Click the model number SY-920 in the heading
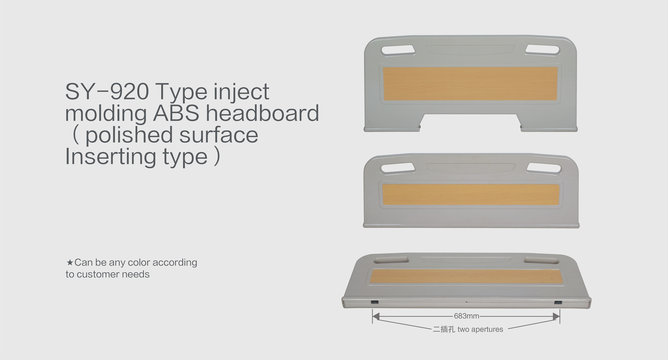pyautogui.click(x=107, y=91)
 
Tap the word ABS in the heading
pyautogui.click(x=176, y=113)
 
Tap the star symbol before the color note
pyautogui.click(x=69, y=262)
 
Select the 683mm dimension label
pyautogui.click(x=466, y=316)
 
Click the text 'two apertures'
pyautogui.click(x=480, y=329)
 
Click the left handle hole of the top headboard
pyautogui.click(x=398, y=50)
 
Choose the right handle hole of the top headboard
pyautogui.click(x=542, y=50)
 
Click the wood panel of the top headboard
pyautogui.click(x=470, y=84)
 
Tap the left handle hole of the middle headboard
pyautogui.click(x=398, y=168)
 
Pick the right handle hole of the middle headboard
pyautogui.click(x=544, y=169)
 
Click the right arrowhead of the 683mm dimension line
pyautogui.click(x=556, y=316)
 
